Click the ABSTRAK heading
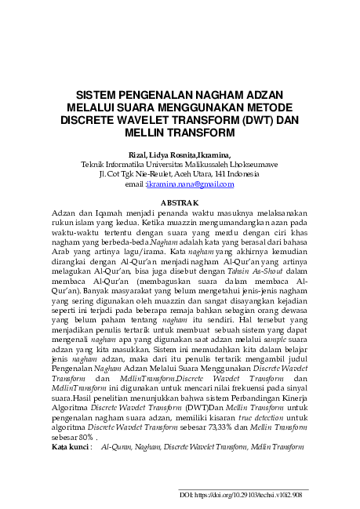coord(180,204)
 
